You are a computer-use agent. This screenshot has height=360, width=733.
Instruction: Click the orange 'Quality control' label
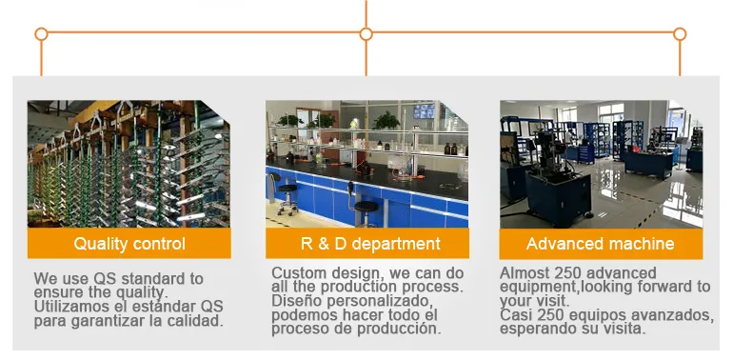(x=129, y=244)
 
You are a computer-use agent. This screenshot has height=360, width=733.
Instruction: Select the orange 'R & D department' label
(x=366, y=244)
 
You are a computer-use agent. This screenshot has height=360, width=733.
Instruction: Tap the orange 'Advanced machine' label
(x=601, y=244)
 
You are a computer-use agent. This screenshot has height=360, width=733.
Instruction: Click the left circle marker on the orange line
(x=41, y=34)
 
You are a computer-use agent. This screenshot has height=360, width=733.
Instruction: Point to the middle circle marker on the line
(x=366, y=34)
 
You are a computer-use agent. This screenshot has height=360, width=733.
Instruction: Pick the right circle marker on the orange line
(x=680, y=34)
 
